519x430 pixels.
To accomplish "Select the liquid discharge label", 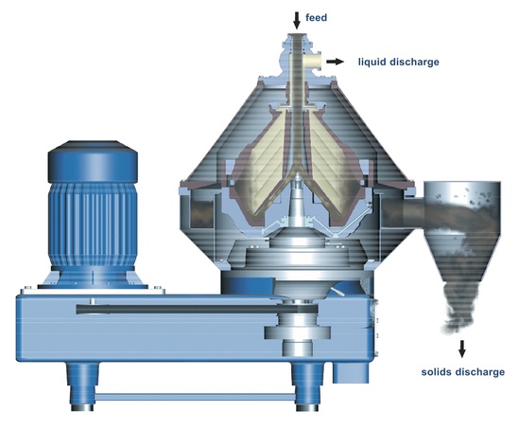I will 399,63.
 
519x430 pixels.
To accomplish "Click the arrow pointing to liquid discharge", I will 336,63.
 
